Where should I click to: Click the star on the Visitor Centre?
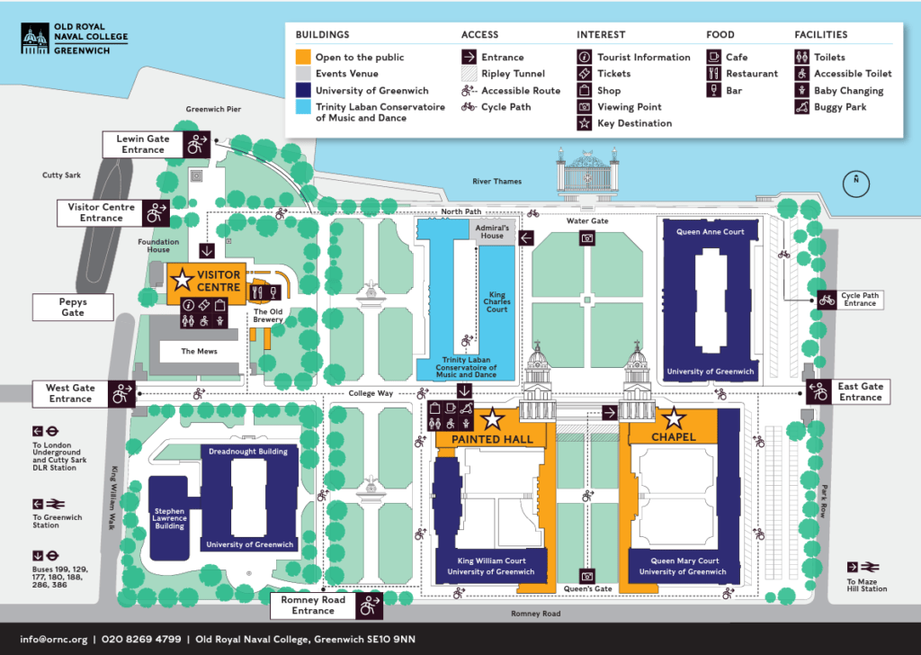[183, 278]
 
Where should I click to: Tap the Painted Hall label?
[492, 439]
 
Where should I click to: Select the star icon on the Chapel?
[674, 418]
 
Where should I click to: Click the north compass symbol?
[856, 184]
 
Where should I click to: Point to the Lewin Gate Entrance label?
[143, 144]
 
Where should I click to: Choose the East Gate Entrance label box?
[861, 391]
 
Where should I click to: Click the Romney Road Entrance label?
[313, 606]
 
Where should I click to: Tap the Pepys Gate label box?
[73, 307]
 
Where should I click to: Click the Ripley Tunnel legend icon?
[469, 74]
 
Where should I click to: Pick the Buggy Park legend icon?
[801, 107]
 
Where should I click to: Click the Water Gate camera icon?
[587, 238]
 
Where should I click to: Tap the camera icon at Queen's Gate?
[587, 575]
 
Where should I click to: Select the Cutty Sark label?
[61, 175]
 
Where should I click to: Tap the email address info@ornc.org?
[53, 639]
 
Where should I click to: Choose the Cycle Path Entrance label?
[860, 300]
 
